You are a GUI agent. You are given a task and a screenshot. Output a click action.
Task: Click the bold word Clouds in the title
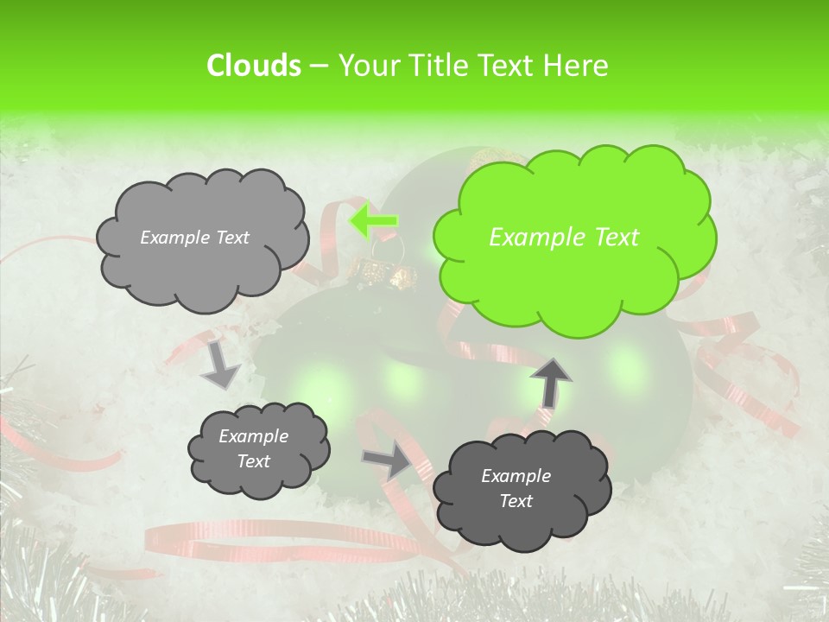253,66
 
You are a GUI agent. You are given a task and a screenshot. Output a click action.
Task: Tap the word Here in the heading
577,66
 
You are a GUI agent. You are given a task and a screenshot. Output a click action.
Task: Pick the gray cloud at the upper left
201,238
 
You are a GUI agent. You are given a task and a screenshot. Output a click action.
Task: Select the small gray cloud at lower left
257,449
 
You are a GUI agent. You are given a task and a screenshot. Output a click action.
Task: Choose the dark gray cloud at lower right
521,489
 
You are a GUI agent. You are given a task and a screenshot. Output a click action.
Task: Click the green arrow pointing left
373,221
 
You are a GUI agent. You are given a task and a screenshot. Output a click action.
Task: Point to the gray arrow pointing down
220,363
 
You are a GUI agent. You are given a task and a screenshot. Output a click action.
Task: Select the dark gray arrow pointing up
550,381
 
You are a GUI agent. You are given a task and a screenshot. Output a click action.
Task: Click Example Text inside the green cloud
564,238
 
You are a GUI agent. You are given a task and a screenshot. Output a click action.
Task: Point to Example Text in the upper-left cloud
194,238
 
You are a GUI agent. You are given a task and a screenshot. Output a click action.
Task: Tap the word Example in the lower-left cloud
253,436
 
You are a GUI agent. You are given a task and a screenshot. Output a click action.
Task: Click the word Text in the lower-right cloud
516,501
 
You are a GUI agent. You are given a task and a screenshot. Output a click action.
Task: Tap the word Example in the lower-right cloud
516,476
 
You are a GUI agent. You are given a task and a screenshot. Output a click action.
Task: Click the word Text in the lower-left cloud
253,461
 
